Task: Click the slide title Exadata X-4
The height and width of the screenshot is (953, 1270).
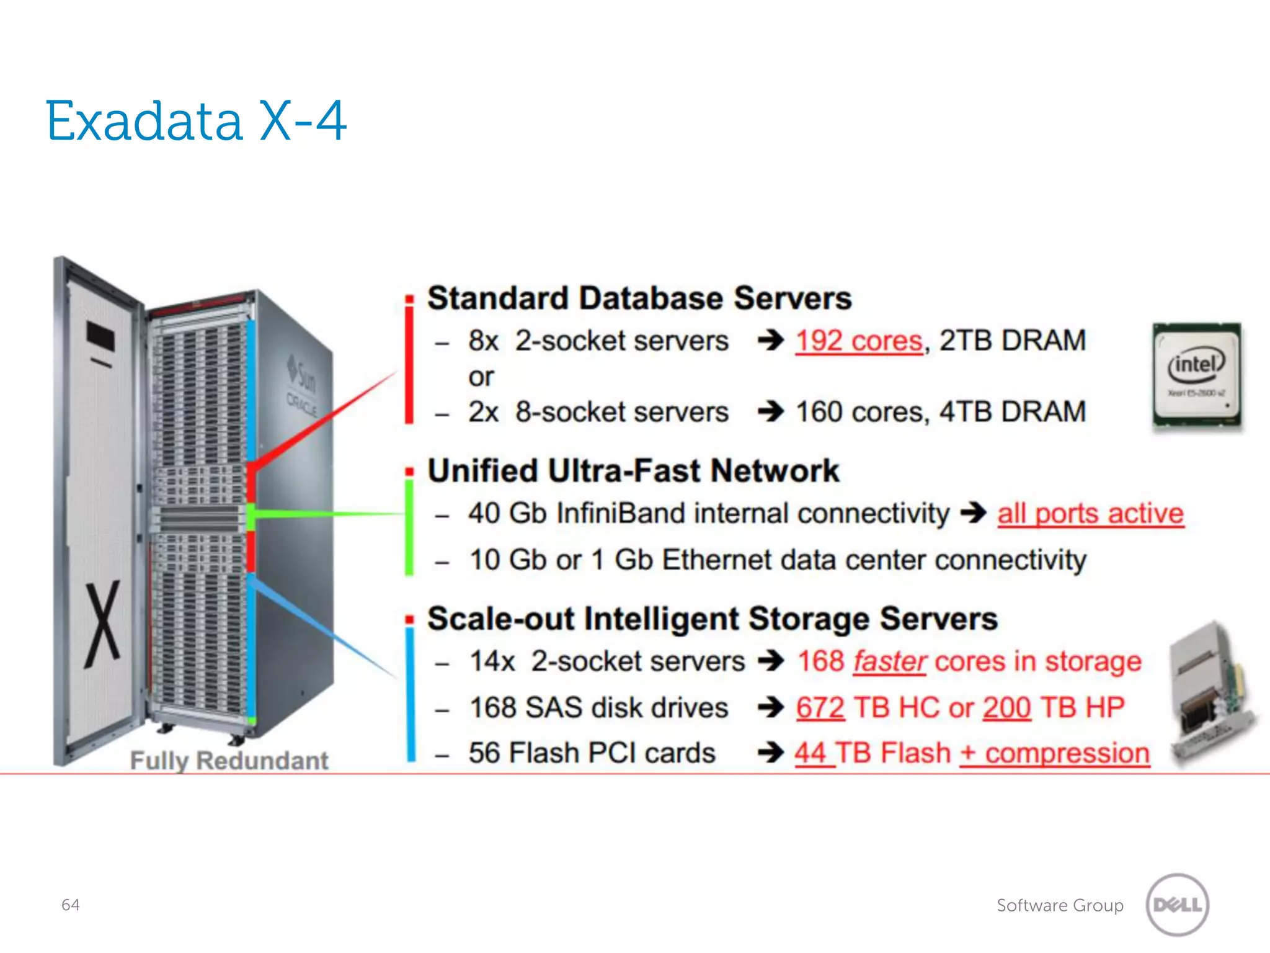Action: point(196,121)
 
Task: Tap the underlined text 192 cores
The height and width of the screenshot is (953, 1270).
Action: point(859,341)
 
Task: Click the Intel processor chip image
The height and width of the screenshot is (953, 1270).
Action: point(1196,375)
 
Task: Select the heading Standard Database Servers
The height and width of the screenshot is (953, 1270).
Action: point(639,298)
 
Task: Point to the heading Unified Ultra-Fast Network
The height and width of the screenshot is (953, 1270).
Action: point(633,471)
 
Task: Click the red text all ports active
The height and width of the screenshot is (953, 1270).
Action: point(1090,514)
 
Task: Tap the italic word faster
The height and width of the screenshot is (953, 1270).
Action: point(890,661)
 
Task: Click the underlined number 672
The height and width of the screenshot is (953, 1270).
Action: point(820,707)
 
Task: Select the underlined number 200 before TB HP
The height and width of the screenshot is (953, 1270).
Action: point(1006,707)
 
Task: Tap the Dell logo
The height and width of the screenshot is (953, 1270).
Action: point(1177,905)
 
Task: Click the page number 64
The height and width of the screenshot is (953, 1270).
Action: point(70,905)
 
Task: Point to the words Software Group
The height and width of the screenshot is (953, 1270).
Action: point(1060,905)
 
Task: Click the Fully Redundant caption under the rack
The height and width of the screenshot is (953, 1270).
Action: point(229,761)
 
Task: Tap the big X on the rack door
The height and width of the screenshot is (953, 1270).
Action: point(103,624)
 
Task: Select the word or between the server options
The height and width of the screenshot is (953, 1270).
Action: point(481,377)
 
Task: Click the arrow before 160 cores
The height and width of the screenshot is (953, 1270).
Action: point(771,411)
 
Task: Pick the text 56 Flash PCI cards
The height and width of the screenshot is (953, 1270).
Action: point(592,753)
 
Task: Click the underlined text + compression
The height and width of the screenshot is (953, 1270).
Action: point(1054,753)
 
